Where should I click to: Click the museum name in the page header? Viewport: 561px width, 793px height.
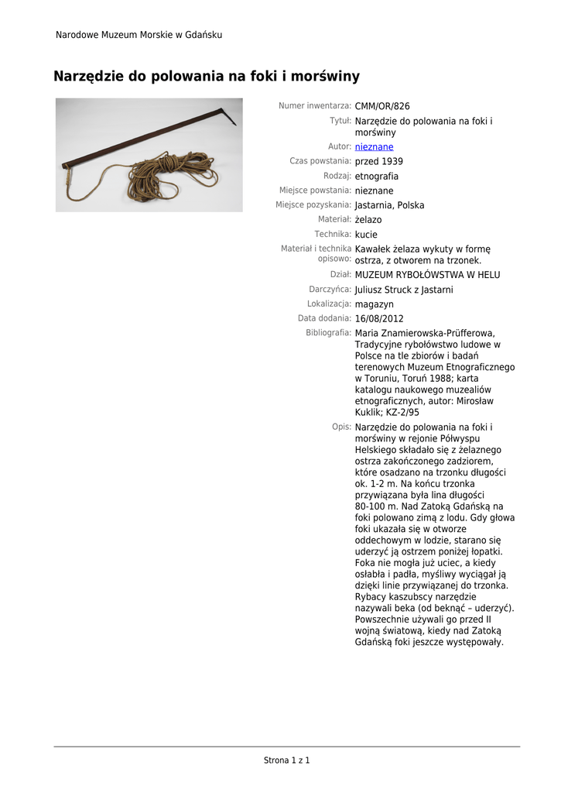pyautogui.click(x=139, y=35)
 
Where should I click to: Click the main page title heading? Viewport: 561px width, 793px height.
pyautogui.click(x=206, y=76)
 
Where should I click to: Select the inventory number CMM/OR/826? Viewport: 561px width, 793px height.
pyautogui.click(x=382, y=106)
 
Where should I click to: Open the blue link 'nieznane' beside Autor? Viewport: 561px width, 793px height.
pyautogui.click(x=374, y=146)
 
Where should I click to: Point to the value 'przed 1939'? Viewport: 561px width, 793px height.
pyautogui.click(x=378, y=161)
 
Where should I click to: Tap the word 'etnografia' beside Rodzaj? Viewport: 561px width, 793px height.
pyautogui.click(x=377, y=176)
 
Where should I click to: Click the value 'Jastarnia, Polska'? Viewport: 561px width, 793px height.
pyautogui.click(x=389, y=205)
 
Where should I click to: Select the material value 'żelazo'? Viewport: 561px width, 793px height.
pyautogui.click(x=368, y=220)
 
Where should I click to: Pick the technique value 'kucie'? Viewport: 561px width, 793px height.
pyautogui.click(x=366, y=234)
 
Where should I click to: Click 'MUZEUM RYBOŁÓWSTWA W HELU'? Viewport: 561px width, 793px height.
pyautogui.click(x=427, y=275)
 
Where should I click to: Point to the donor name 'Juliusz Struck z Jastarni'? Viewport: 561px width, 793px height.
pyautogui.click(x=404, y=290)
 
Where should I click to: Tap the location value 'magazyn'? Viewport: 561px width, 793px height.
pyautogui.click(x=374, y=304)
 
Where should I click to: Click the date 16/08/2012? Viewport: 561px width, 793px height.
pyautogui.click(x=379, y=318)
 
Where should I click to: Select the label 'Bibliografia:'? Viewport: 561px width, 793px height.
pyautogui.click(x=328, y=332)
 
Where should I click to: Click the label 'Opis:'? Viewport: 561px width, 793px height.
pyautogui.click(x=341, y=427)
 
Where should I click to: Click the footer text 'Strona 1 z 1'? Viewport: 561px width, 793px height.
pyautogui.click(x=286, y=760)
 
